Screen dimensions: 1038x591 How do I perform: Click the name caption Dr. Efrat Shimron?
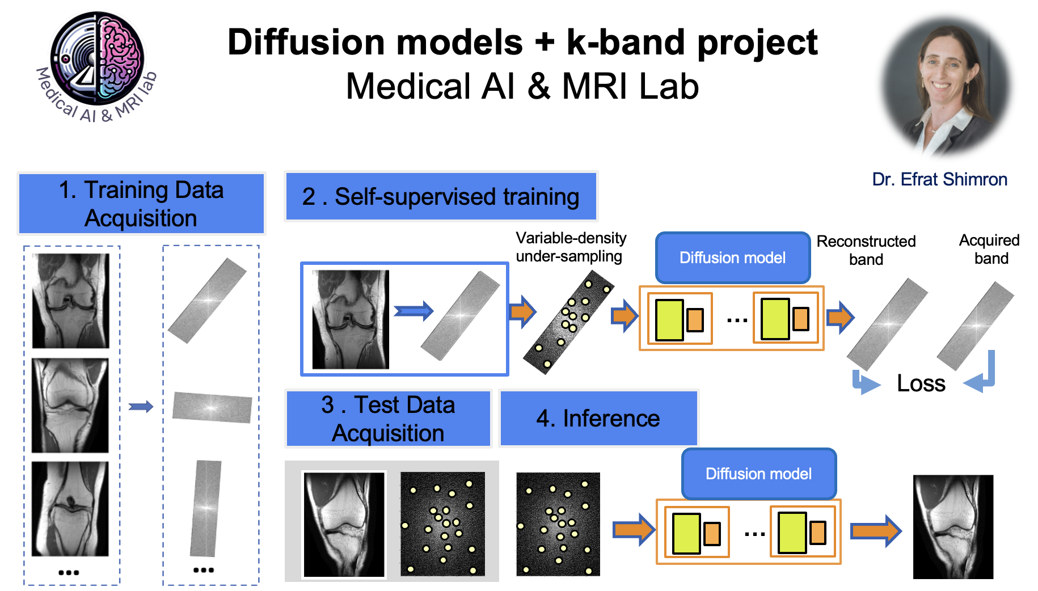[939, 179]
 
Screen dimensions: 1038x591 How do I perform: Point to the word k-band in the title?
[627, 43]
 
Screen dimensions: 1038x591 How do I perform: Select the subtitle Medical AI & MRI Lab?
[522, 86]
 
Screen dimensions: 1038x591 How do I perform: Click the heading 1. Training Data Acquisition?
[141, 204]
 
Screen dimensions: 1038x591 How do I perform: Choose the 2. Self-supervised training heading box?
[441, 196]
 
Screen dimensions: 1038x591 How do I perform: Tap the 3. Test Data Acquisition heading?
[388, 419]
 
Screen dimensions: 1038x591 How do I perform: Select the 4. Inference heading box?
[598, 419]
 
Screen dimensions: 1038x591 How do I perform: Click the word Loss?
[921, 383]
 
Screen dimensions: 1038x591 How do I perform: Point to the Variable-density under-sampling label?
[571, 247]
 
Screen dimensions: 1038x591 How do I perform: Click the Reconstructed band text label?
[866, 250]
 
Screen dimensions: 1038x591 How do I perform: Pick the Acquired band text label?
[990, 249]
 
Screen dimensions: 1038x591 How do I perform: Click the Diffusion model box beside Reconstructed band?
[733, 257]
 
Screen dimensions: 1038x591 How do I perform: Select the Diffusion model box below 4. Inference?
[759, 474]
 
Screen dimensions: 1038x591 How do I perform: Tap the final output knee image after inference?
[953, 527]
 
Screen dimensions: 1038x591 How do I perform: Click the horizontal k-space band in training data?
[212, 407]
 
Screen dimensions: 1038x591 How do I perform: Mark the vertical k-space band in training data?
[205, 509]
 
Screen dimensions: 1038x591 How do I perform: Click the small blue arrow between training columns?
[141, 406]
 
